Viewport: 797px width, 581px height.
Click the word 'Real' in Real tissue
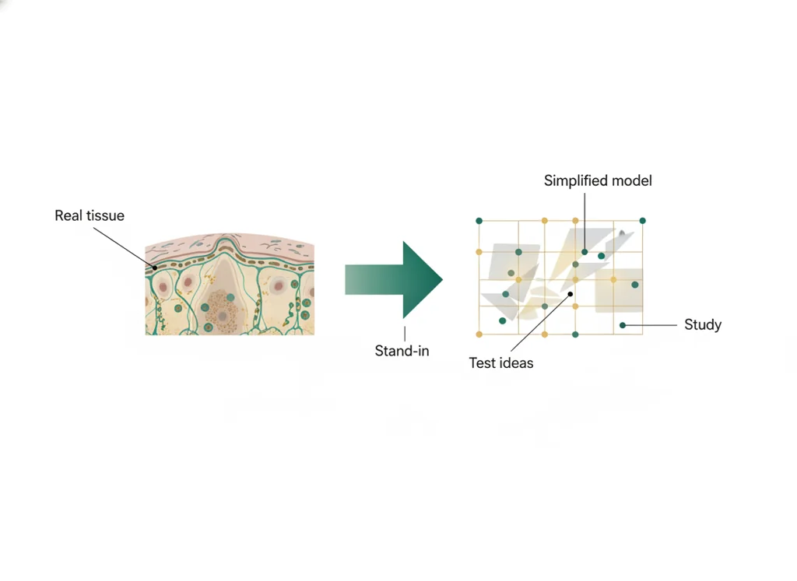(x=68, y=215)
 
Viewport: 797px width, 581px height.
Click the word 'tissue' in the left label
(x=104, y=215)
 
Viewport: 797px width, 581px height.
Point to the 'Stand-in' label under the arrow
(x=402, y=351)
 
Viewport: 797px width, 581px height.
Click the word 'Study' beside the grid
(x=703, y=324)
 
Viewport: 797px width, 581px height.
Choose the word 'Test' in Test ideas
(x=481, y=362)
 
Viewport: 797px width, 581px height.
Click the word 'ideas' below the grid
(x=516, y=362)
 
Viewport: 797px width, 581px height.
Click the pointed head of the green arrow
(x=441, y=278)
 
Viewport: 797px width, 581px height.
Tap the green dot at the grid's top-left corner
(x=479, y=221)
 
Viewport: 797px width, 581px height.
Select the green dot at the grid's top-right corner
(x=642, y=221)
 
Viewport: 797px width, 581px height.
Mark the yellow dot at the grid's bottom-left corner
(x=479, y=334)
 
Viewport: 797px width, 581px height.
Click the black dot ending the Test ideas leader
(x=571, y=294)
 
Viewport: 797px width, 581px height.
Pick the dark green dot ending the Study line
(x=623, y=325)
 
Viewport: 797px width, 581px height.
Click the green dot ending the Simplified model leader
(x=585, y=252)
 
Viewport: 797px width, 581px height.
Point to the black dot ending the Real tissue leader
(x=155, y=268)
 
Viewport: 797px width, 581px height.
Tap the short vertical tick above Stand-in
(x=405, y=334)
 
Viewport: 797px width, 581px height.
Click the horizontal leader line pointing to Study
(x=651, y=325)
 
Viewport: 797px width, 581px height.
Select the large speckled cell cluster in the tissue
(x=222, y=311)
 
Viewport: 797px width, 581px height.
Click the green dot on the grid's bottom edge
(x=575, y=334)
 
